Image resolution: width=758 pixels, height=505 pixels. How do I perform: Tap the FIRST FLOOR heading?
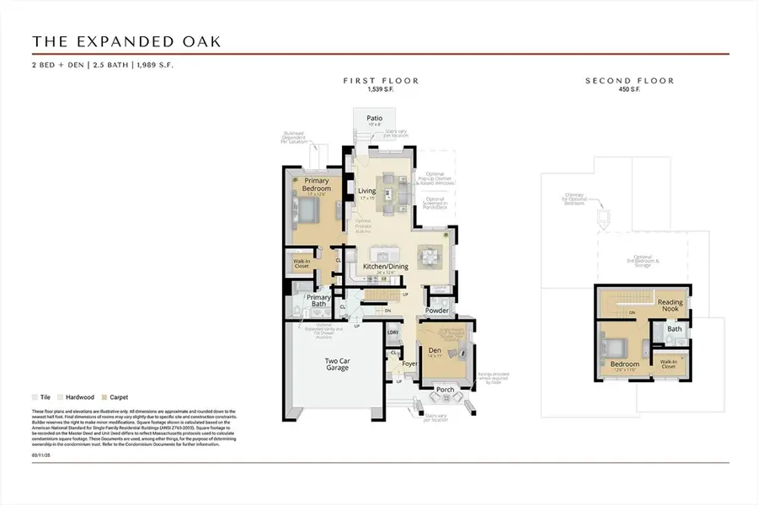tap(381, 81)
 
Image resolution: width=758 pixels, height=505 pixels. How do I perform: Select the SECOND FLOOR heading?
tap(630, 81)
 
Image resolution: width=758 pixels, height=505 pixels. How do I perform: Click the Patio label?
tap(375, 119)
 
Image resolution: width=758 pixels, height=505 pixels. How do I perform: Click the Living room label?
tap(367, 191)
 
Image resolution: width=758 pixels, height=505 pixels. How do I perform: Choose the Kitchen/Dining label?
tap(386, 267)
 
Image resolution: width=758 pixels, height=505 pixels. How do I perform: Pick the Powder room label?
tap(437, 311)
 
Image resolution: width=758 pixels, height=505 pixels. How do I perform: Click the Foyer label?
tap(410, 364)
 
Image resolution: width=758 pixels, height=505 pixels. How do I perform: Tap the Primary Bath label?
tap(318, 300)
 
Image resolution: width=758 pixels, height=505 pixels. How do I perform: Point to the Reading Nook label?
tap(670, 306)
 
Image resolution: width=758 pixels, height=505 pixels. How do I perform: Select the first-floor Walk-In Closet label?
tap(301, 263)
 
